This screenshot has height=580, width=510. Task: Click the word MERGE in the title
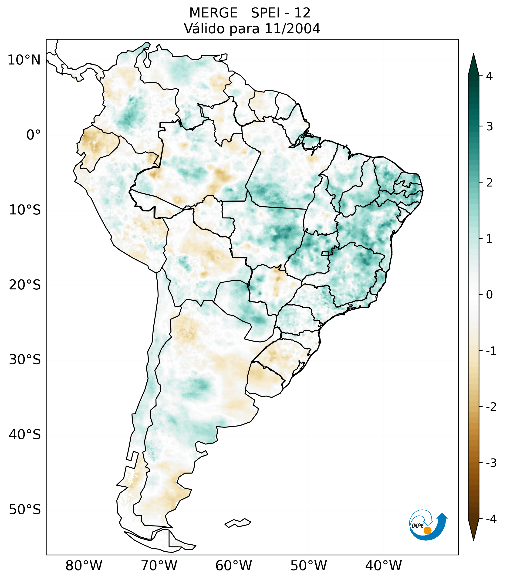click(x=213, y=13)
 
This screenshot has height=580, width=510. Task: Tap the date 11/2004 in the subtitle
click(x=292, y=29)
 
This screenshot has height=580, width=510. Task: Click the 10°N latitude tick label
click(x=24, y=60)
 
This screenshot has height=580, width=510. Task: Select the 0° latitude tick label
click(x=33, y=135)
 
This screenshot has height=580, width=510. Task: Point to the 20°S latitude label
click(x=25, y=285)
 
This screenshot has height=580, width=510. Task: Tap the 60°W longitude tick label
click(x=233, y=566)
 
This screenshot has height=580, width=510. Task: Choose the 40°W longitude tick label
click(x=384, y=566)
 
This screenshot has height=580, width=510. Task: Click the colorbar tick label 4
click(x=489, y=76)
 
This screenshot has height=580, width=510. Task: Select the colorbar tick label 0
click(x=489, y=295)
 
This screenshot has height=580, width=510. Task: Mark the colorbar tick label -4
click(x=491, y=519)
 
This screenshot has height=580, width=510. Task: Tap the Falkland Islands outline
click(x=238, y=523)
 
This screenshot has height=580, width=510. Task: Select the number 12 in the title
click(x=302, y=13)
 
